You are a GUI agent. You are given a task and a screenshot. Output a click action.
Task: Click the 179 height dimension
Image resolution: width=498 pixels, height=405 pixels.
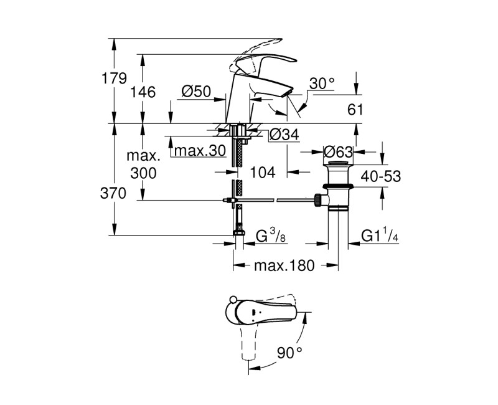[x=115, y=79]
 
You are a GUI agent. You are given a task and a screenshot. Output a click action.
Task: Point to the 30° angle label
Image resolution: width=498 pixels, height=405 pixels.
[x=322, y=83]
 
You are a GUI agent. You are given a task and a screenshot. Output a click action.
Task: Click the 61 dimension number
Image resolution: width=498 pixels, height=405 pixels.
[x=355, y=110]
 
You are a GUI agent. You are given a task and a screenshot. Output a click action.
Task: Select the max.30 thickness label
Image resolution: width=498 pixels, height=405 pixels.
[x=199, y=151]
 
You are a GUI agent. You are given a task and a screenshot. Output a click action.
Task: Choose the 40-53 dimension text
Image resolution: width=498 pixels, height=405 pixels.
[x=380, y=177]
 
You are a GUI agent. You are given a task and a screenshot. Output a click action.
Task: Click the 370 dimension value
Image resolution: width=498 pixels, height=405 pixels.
[x=115, y=193]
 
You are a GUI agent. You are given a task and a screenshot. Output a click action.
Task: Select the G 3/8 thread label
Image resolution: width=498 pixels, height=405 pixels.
[x=271, y=236]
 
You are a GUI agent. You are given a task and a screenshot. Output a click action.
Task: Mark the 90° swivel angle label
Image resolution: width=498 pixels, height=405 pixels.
[x=289, y=352]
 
